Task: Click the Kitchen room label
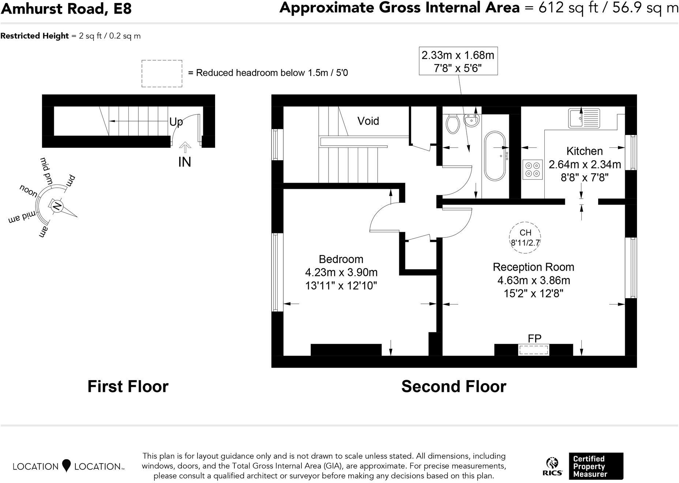coord(584,151)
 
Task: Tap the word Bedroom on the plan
coord(341,259)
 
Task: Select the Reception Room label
coord(533,267)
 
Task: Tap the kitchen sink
coord(584,118)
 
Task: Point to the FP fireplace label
coord(534,338)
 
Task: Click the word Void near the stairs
coord(368,121)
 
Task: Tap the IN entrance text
coord(185,162)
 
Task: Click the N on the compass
coord(57,206)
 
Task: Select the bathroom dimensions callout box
coord(458,61)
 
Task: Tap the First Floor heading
coord(128,386)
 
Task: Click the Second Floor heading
coord(454,386)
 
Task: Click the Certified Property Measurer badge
coord(596,466)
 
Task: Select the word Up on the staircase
coord(176,122)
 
